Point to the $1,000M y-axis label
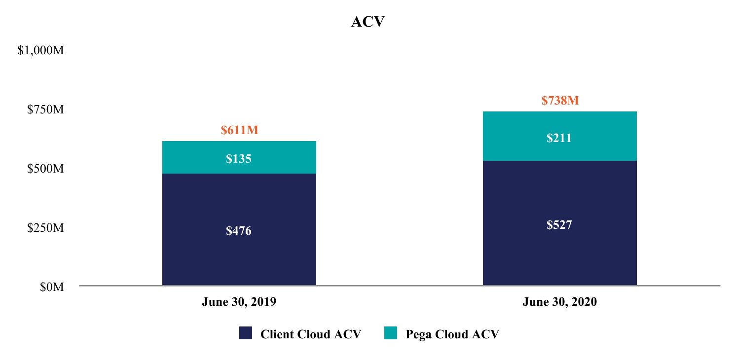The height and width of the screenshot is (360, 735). click(x=40, y=51)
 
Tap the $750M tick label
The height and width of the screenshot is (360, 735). click(x=45, y=109)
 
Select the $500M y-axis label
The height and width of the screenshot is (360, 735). click(x=45, y=169)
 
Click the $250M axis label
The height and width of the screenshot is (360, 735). click(x=45, y=228)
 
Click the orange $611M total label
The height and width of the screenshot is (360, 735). click(x=239, y=131)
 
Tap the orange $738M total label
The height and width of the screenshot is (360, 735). click(x=559, y=101)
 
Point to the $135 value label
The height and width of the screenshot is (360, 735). click(x=239, y=159)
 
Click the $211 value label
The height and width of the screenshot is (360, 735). click(x=559, y=138)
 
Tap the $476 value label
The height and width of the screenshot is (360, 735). click(x=239, y=231)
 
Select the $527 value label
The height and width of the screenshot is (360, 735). click(x=559, y=225)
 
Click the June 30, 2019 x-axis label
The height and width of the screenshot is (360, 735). click(x=239, y=302)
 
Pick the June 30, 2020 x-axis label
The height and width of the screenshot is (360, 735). click(x=559, y=302)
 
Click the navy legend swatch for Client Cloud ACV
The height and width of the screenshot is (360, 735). click(x=246, y=333)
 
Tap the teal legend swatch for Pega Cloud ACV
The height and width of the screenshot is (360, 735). click(x=390, y=333)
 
